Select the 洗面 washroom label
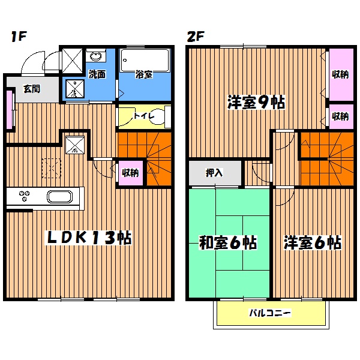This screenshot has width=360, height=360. tap(97, 75)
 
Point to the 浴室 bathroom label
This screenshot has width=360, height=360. tap(143, 75)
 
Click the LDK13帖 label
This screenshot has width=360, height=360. tap(90, 238)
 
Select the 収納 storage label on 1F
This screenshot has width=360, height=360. tap(130, 172)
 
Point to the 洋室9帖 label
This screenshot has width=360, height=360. tap(256, 103)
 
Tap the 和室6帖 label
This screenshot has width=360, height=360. tap(228, 243)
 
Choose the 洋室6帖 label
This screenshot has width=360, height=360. tap(313, 243)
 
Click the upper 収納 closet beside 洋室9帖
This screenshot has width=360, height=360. tap(341, 74)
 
